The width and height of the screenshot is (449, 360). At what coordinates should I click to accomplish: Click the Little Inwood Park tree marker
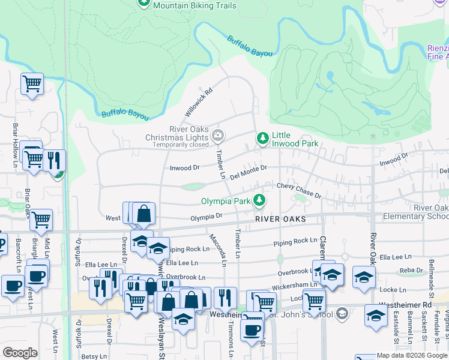262,139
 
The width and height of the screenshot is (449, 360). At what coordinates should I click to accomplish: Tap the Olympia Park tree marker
259,200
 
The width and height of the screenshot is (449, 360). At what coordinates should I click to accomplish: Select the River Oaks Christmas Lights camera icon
218,134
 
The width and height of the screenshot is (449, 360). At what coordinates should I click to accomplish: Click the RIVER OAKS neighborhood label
280,219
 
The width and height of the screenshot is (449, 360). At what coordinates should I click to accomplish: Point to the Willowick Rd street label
199,103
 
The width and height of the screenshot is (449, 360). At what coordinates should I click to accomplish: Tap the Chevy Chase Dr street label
298,190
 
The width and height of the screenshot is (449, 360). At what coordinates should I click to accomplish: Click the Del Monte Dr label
248,172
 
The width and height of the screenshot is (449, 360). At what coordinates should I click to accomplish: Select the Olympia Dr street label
206,217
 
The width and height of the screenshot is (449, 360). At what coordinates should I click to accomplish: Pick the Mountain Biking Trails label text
194,5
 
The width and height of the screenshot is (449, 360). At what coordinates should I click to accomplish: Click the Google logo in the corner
20,353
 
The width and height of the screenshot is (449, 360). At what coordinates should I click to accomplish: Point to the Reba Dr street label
411,271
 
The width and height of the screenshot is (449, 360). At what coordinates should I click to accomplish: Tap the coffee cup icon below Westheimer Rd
252,329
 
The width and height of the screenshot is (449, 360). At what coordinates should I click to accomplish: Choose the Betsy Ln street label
94,356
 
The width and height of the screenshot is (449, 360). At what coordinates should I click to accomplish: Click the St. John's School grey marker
342,313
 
